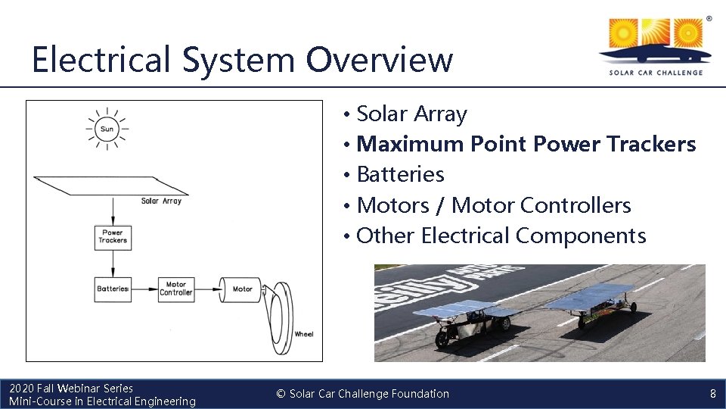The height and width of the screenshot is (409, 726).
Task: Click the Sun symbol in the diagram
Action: tap(107, 129)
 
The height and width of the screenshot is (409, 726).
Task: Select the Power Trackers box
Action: tap(113, 237)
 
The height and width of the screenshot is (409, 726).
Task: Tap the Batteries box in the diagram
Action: tap(113, 289)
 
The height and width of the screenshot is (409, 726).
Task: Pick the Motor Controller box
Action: tap(176, 289)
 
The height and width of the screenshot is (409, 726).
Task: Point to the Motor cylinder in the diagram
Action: tap(240, 289)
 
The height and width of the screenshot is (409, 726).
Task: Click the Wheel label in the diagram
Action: tap(303, 334)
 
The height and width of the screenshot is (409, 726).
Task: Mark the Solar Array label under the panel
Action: tap(161, 201)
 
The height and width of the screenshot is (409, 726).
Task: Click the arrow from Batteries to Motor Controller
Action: tap(144, 289)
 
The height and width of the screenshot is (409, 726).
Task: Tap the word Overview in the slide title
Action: tap(380, 59)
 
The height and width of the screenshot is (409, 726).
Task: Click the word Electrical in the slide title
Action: tap(102, 59)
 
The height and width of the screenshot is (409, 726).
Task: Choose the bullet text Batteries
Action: tap(400, 174)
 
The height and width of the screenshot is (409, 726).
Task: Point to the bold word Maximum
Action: tap(409, 143)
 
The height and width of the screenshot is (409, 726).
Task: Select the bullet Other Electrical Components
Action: tap(501, 236)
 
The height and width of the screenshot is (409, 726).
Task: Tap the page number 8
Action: tap(712, 394)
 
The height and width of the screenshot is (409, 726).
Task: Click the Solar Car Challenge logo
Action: tap(655, 45)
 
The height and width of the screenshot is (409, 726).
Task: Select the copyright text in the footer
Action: tap(362, 394)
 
